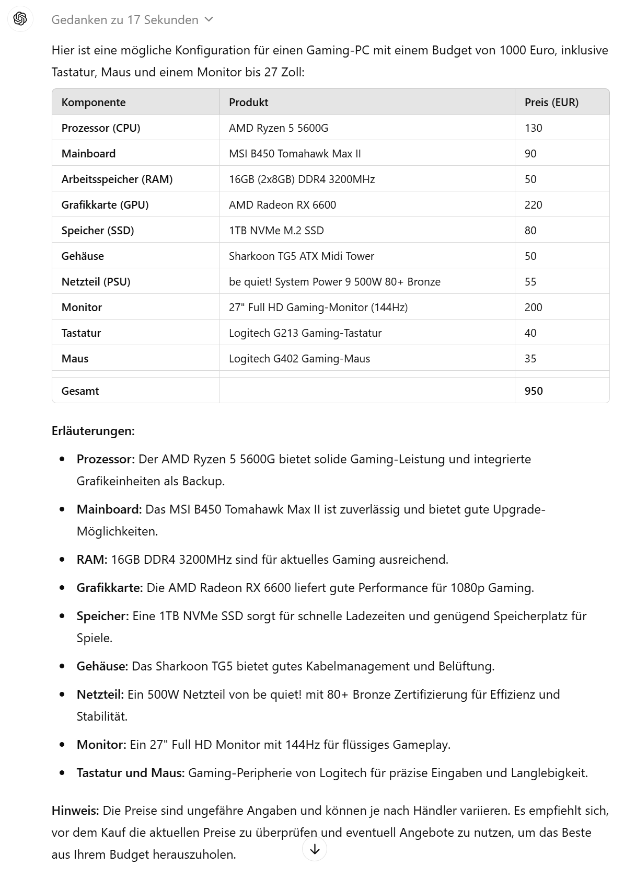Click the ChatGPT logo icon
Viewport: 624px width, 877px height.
point(20,19)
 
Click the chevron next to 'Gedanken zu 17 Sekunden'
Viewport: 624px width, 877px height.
point(209,19)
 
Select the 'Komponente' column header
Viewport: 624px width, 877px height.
point(94,102)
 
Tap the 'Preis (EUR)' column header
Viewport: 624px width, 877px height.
point(551,102)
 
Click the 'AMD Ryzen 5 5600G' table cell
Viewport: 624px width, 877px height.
point(279,128)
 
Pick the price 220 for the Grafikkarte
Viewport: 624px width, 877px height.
point(533,205)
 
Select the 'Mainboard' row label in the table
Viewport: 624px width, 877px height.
point(88,154)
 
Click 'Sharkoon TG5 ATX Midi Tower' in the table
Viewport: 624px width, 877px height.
point(302,256)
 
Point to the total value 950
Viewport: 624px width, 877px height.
point(534,391)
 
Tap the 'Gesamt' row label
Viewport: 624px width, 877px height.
point(80,391)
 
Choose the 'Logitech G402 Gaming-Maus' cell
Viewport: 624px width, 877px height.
point(299,359)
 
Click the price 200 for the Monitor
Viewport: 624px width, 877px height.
point(533,307)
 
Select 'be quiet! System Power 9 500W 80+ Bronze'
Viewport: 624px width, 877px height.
point(334,282)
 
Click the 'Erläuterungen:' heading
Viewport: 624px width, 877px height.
point(93,431)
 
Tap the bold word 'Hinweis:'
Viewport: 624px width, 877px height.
point(75,811)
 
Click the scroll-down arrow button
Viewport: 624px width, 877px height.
point(315,849)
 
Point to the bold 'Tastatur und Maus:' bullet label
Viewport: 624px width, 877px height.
point(131,772)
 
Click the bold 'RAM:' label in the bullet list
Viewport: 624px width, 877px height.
point(92,560)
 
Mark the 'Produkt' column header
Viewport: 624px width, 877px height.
point(248,102)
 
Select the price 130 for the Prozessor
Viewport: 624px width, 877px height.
point(533,128)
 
